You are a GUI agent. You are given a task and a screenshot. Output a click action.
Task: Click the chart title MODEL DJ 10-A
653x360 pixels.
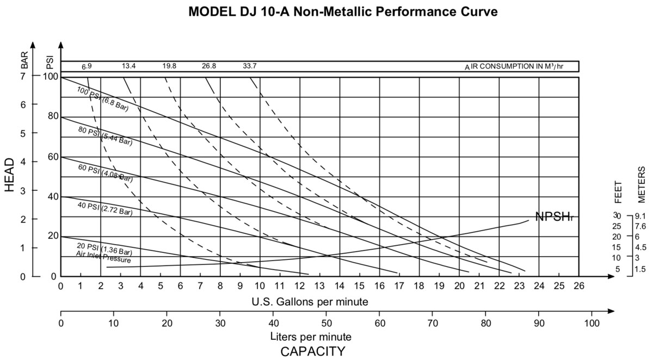[343, 12]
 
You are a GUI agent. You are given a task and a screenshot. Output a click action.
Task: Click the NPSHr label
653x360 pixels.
[555, 217]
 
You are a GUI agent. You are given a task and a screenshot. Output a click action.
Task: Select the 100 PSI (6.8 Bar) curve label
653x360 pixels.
[102, 99]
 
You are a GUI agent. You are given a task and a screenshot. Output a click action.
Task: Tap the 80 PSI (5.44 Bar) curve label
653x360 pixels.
[104, 136]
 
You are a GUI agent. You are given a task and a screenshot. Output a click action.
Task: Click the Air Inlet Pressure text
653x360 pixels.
[103, 257]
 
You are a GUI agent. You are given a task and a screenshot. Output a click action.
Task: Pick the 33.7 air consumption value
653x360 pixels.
[250, 66]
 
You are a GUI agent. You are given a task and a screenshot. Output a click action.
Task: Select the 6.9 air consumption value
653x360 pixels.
[87, 66]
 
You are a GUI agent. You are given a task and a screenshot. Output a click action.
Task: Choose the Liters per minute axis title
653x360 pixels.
[309, 337]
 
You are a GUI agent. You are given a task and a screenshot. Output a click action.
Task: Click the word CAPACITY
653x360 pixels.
[312, 351]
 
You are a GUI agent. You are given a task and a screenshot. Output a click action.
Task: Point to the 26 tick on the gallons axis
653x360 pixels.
[578, 286]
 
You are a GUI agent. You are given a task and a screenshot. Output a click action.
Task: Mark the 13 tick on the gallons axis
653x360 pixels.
[319, 286]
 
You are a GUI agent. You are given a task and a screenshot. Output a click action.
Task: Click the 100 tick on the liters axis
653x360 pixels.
[592, 322]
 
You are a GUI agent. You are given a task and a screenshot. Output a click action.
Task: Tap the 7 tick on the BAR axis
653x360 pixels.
[23, 76]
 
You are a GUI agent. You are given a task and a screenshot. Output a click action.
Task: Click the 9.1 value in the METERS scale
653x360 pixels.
[640, 216]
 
